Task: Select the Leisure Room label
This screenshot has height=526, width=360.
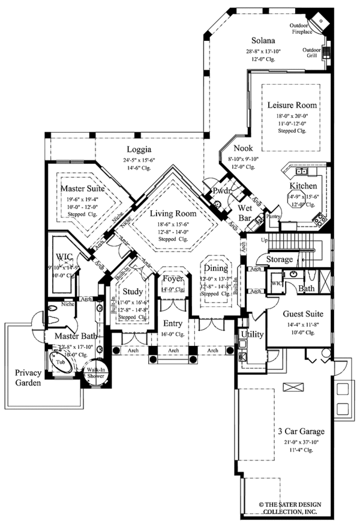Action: pyautogui.click(x=292, y=106)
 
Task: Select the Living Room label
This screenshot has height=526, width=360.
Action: pyautogui.click(x=173, y=214)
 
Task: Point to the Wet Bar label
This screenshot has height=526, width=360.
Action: pyautogui.click(x=244, y=213)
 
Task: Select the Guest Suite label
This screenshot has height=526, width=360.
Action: pyautogui.click(x=295, y=313)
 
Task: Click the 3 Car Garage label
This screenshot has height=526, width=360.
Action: pyautogui.click(x=301, y=431)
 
